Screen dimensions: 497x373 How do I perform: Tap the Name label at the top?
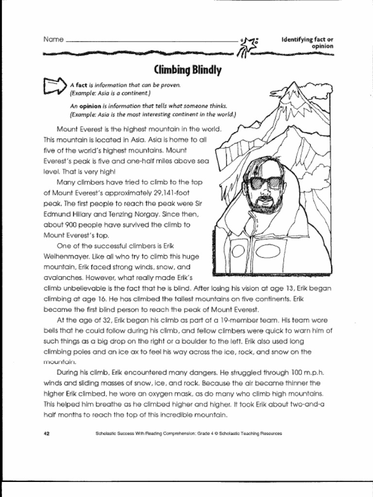pos(53,39)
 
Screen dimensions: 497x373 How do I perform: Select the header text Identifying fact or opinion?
pos(307,43)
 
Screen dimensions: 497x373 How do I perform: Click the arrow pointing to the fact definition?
pos(54,86)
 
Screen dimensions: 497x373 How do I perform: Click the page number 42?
pos(47,433)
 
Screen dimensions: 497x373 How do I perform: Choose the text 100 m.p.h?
pos(307,373)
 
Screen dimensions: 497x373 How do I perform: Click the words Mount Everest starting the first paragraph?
pos(79,129)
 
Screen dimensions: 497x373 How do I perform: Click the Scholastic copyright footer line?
pos(189,433)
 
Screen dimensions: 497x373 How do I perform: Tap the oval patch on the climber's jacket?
pos(264,251)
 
